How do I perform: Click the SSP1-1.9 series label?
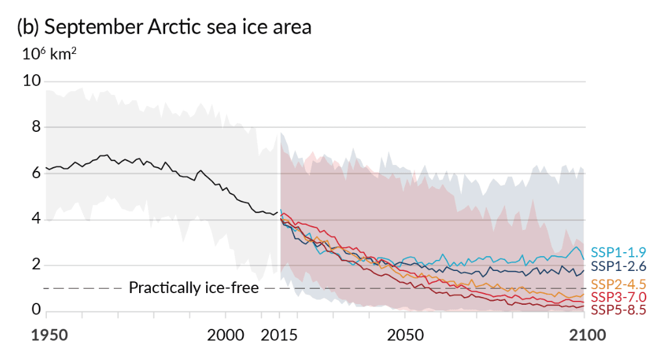pyautogui.click(x=618, y=253)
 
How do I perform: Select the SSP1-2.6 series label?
pyautogui.click(x=618, y=266)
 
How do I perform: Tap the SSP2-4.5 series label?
pyautogui.click(x=618, y=285)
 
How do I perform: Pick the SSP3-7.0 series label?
pyautogui.click(x=618, y=298)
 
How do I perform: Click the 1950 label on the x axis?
pyautogui.click(x=50, y=336)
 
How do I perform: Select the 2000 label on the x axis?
pyautogui.click(x=226, y=336)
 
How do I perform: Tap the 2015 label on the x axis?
pyautogui.click(x=279, y=336)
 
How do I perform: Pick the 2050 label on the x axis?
pyautogui.click(x=405, y=336)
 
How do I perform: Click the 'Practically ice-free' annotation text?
pyautogui.click(x=194, y=287)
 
